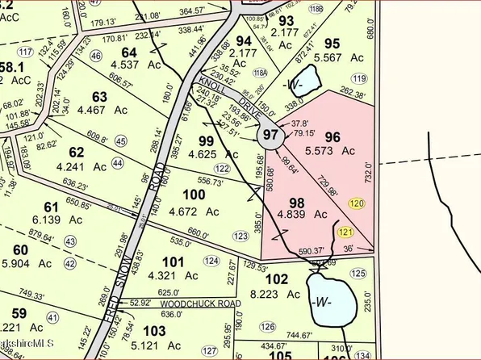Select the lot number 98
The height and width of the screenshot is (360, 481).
[298, 201]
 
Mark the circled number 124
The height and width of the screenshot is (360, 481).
[211, 261]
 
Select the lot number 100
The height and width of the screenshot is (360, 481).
[194, 195]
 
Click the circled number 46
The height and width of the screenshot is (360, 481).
[97, 56]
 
